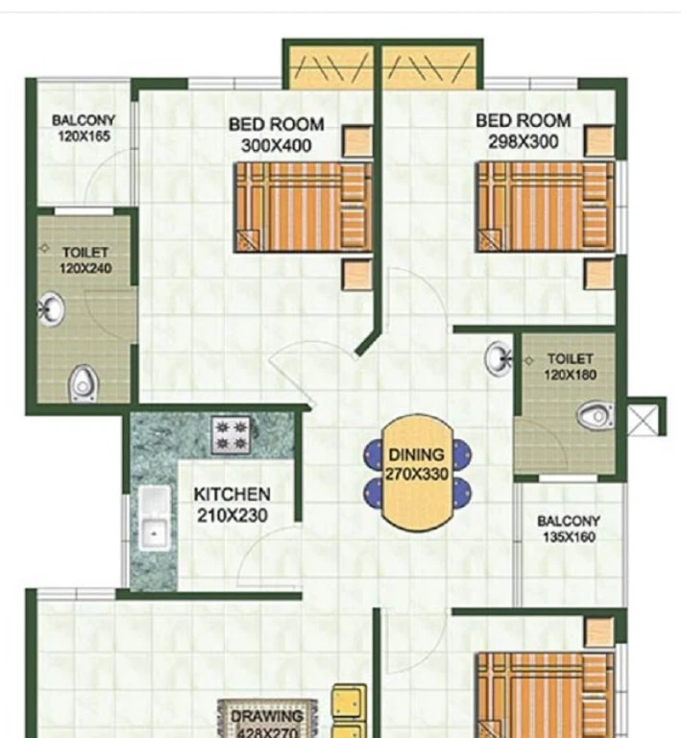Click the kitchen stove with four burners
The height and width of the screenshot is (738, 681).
tap(231, 435)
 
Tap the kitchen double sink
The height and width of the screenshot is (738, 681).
tap(154, 517)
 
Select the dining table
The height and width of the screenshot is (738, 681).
tap(417, 472)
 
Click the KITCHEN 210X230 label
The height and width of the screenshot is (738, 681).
tap(232, 504)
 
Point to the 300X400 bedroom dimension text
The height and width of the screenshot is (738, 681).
tap(276, 145)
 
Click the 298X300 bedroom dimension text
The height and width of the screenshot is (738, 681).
tap(523, 141)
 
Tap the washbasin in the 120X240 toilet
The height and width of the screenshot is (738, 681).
tap(51, 309)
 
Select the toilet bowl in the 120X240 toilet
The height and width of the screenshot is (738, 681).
tap(83, 383)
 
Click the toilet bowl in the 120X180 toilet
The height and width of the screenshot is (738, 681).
tap(595, 415)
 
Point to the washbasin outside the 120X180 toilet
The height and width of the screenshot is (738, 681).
tap(499, 359)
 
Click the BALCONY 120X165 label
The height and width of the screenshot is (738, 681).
tap(84, 128)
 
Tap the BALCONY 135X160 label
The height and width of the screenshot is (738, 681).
tap(569, 529)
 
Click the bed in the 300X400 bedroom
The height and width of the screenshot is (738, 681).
tap(304, 208)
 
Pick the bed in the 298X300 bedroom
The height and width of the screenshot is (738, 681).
tap(546, 208)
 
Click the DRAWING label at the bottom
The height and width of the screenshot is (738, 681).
tap(267, 717)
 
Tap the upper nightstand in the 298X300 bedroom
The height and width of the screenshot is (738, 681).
tap(599, 140)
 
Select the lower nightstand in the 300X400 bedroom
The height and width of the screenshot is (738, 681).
tap(357, 274)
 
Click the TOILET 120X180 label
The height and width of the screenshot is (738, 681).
tap(570, 367)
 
